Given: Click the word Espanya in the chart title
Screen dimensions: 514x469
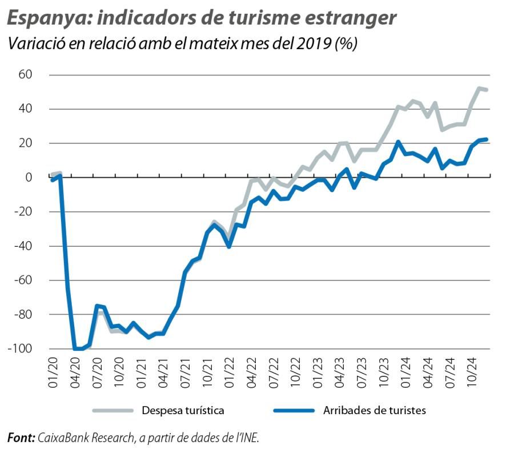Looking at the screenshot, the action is click(x=47, y=18).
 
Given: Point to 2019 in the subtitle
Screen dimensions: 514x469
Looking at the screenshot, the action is click(x=314, y=44).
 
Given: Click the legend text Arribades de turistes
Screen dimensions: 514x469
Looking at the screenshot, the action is click(x=374, y=410).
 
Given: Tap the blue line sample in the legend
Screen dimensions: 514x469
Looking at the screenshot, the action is click(x=294, y=410).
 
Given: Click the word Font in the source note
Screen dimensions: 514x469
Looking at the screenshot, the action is click(x=20, y=438).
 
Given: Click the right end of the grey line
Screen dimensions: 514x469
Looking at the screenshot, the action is click(x=486, y=90).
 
